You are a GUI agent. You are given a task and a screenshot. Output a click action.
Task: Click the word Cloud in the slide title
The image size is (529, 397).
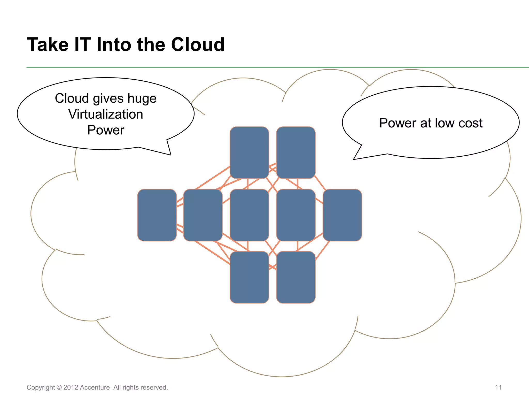(198, 44)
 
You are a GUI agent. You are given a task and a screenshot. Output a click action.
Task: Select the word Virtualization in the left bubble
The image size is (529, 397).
(106, 114)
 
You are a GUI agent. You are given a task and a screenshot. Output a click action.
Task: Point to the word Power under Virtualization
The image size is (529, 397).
(106, 130)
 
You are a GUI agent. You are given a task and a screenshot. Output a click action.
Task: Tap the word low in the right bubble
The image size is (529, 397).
(445, 123)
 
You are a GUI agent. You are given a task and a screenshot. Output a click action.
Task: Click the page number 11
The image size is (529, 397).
(498, 387)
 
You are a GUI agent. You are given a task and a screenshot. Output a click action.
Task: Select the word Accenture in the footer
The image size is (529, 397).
(95, 387)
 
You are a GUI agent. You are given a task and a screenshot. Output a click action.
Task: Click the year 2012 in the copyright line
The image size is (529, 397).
(71, 387)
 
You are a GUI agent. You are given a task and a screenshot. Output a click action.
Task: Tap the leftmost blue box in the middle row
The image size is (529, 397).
(157, 215)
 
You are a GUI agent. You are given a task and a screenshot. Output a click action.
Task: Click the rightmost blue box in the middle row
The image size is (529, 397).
(342, 215)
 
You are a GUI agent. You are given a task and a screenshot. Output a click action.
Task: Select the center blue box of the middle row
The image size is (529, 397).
(249, 215)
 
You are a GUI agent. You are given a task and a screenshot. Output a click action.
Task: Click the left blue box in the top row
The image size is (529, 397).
(249, 152)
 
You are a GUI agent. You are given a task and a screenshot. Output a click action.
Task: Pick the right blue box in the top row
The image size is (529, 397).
(296, 152)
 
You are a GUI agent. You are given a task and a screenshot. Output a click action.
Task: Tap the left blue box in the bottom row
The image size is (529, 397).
(249, 277)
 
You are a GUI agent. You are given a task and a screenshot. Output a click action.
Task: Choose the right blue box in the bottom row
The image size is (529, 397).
(296, 277)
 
